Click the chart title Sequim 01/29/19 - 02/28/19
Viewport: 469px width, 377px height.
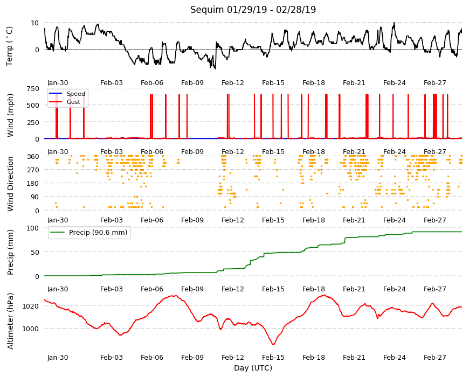click(253, 10)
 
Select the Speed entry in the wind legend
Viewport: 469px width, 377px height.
click(75, 94)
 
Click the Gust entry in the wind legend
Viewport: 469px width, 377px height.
click(73, 102)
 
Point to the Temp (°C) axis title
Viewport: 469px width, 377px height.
click(10, 46)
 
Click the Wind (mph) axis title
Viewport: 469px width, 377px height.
click(10, 115)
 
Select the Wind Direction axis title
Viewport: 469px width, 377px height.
click(10, 184)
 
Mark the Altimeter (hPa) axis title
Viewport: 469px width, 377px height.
click(10, 322)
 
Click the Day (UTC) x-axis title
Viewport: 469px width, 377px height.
click(253, 368)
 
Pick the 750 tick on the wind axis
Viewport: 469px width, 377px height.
click(33, 89)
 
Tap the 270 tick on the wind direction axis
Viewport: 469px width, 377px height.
click(33, 170)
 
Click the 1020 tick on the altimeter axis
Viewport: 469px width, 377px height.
click(31, 306)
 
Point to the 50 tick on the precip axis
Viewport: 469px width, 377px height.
click(35, 252)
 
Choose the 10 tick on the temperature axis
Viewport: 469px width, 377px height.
click(35, 23)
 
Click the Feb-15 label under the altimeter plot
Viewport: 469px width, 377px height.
click(273, 358)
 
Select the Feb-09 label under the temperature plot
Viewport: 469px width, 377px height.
click(192, 83)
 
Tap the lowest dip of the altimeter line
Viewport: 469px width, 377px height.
click(273, 345)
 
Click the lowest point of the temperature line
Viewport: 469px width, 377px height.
click(215, 69)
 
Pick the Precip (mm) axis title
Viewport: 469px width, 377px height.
click(10, 253)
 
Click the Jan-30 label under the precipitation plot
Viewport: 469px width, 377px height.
click(58, 289)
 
